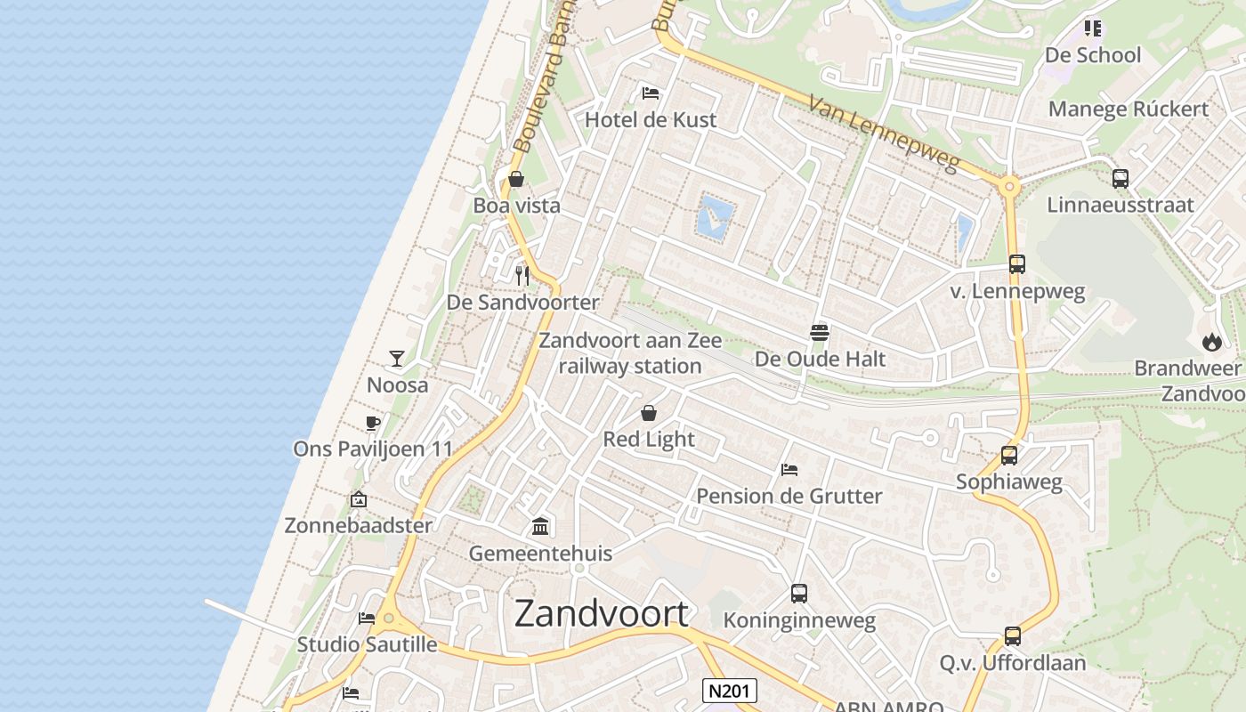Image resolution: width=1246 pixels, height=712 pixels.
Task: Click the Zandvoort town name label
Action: [602, 614]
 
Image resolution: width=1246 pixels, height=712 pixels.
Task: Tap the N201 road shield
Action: [730, 691]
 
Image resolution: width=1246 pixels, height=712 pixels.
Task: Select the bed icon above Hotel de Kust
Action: [651, 93]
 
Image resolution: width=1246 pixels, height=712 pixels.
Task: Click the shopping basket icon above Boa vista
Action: [515, 179]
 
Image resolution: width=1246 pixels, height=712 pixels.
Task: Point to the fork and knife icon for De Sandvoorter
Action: [522, 276]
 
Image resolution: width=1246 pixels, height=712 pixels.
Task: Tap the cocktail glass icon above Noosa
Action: [397, 359]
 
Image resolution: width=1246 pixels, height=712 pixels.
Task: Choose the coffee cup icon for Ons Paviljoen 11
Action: [373, 423]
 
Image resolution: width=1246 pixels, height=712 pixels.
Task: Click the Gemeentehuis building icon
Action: [540, 527]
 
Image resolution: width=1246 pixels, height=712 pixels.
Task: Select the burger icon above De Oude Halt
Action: [820, 333]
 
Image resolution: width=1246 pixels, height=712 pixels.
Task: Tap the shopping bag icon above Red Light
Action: [649, 413]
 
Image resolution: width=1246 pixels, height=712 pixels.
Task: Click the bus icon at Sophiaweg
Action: [1009, 456]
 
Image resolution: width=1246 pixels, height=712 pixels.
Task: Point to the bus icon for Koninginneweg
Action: [799, 594]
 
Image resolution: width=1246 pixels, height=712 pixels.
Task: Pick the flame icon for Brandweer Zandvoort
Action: [1211, 342]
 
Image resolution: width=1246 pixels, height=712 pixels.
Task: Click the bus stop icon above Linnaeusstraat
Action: [1121, 178]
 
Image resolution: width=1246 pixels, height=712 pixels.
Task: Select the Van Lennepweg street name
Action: [885, 134]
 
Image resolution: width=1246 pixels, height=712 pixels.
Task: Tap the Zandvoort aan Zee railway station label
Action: [630, 353]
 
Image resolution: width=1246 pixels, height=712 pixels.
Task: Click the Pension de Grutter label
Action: [789, 496]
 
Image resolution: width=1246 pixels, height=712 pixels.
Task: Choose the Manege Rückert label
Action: [1129, 109]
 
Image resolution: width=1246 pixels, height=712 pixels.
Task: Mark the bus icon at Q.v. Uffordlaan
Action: [1013, 636]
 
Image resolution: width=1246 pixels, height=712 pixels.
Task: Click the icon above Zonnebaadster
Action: [359, 499]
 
